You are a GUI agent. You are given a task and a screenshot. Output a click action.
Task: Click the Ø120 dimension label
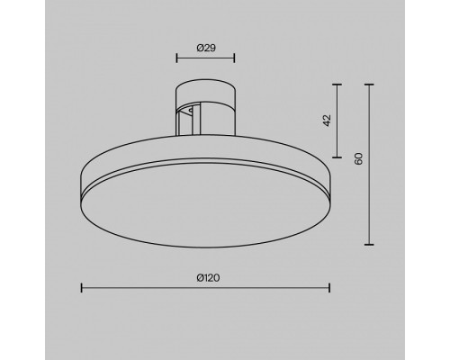tap(206, 277)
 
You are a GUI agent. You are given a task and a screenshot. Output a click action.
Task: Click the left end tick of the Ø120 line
tap(82, 288)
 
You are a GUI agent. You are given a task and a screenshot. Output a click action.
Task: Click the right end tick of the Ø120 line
tap(328, 288)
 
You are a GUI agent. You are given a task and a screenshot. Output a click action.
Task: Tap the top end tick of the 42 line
tap(337, 85)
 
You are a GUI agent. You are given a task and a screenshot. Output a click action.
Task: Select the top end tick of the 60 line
tap(370, 85)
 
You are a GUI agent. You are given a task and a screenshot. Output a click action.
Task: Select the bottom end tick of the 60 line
tap(370, 244)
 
